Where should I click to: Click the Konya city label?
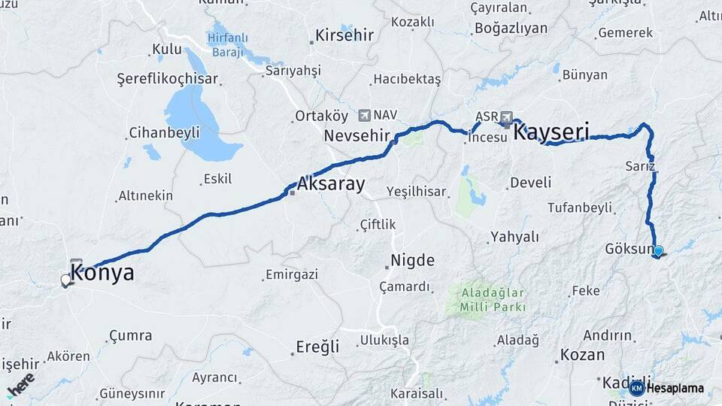pyautogui.click(x=102, y=273)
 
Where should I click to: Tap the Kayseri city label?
pyautogui.click(x=551, y=132)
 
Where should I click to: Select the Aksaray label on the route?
pyautogui.click(x=331, y=183)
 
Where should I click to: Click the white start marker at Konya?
pyautogui.click(x=66, y=280)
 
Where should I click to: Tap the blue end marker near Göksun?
pyautogui.click(x=659, y=251)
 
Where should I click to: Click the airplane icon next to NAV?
pyautogui.click(x=365, y=115)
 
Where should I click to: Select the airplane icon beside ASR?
pyautogui.click(x=506, y=117)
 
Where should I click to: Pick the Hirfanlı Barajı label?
pyautogui.click(x=229, y=46)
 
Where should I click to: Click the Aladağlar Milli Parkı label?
pyautogui.click(x=489, y=300)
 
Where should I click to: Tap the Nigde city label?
pyautogui.click(x=412, y=261)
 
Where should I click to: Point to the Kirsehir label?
pyautogui.click(x=344, y=35)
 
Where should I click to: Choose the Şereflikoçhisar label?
pyautogui.click(x=167, y=79)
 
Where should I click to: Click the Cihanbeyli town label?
pyautogui.click(x=164, y=132)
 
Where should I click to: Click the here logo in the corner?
pyautogui.click(x=21, y=385)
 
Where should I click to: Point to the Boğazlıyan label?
pyautogui.click(x=510, y=29)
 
